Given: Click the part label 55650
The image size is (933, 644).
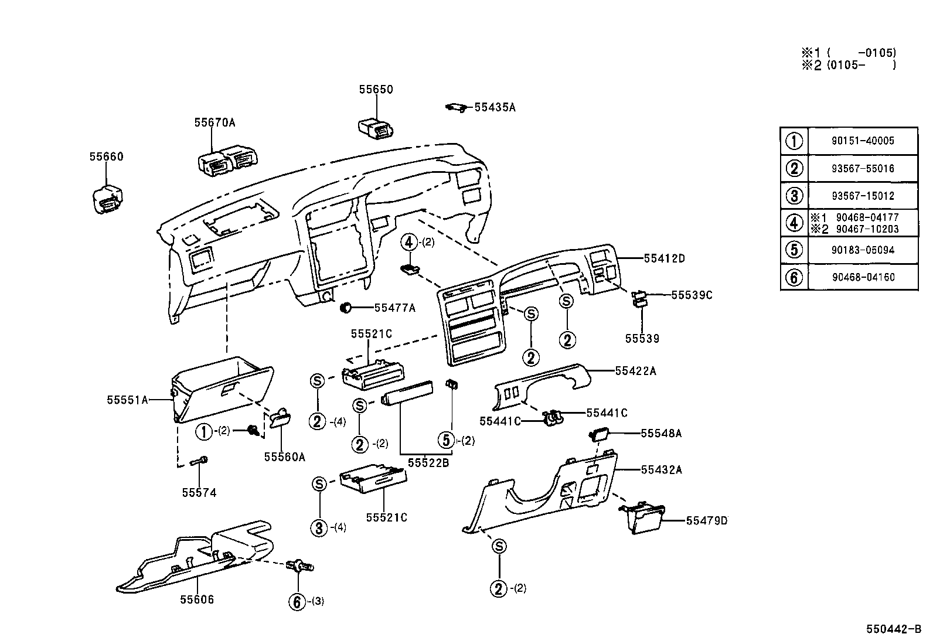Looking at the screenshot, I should pyautogui.click(x=376, y=90).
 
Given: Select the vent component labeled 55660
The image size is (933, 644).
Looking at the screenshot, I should pyautogui.click(x=107, y=199).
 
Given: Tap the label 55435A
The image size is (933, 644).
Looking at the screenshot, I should pyautogui.click(x=495, y=107).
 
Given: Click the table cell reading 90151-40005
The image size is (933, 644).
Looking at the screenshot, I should pyautogui.click(x=862, y=141).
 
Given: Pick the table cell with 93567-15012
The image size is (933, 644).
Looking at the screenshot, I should pyautogui.click(x=862, y=196).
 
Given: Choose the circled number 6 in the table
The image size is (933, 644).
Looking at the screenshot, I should pyautogui.click(x=794, y=277).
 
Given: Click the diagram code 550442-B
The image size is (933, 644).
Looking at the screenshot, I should pyautogui.click(x=893, y=629).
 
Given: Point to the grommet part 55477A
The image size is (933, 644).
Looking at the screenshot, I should pyautogui.click(x=346, y=307).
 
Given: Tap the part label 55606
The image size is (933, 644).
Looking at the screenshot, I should pyautogui.click(x=197, y=599).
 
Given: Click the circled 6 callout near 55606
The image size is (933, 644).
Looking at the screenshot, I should pyautogui.click(x=298, y=601).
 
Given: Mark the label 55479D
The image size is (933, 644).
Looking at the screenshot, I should pyautogui.click(x=706, y=520).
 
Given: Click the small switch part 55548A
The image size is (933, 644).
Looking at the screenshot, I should pyautogui.click(x=600, y=434).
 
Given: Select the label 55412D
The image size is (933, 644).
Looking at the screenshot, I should pyautogui.click(x=664, y=258).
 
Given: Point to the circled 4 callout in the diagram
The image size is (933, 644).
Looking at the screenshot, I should pyautogui.click(x=410, y=241).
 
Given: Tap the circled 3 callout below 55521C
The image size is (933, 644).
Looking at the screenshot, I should pyautogui.click(x=319, y=527).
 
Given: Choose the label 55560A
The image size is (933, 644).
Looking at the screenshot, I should pyautogui.click(x=284, y=457).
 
